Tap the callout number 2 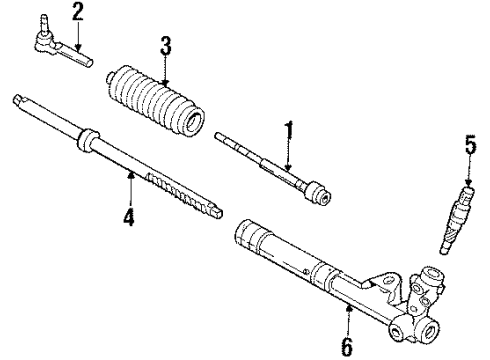(77, 12)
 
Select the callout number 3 (165, 45)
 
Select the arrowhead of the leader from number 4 (131, 172)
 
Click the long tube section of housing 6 (290, 260)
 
